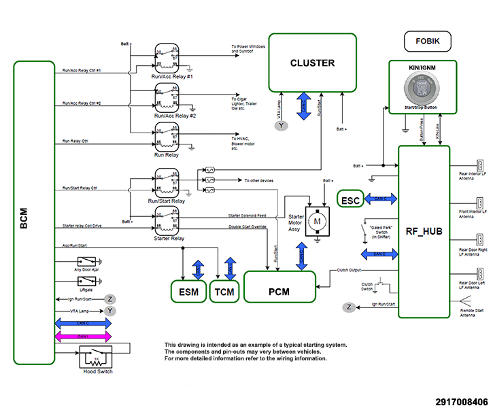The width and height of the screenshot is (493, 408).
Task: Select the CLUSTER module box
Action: (x=312, y=63)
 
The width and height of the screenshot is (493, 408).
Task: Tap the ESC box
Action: (x=351, y=200)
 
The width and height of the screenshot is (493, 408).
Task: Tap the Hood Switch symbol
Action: (x=96, y=357)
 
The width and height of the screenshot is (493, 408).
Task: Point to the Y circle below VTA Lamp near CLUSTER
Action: (x=283, y=125)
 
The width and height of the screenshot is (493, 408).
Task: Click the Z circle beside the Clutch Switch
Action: (x=350, y=307)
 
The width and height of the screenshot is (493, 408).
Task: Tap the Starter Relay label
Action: (x=169, y=239)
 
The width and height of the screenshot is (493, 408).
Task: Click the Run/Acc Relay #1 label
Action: (x=173, y=78)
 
